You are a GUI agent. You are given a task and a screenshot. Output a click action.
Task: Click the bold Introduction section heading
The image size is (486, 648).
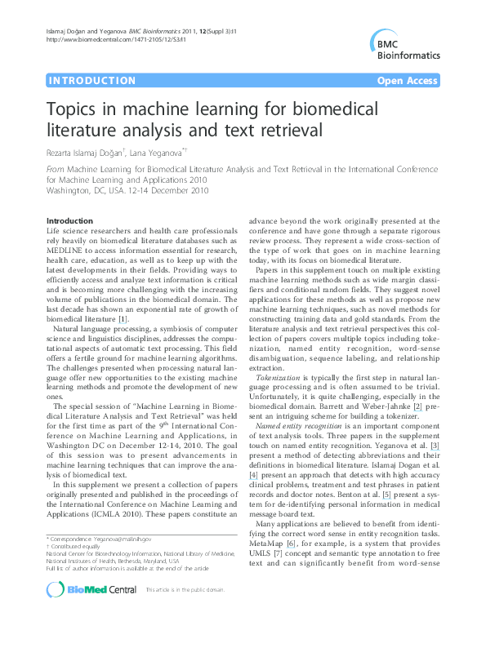[x=69, y=221]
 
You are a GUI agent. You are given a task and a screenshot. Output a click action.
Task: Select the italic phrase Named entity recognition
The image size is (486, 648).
[x=298, y=425]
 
